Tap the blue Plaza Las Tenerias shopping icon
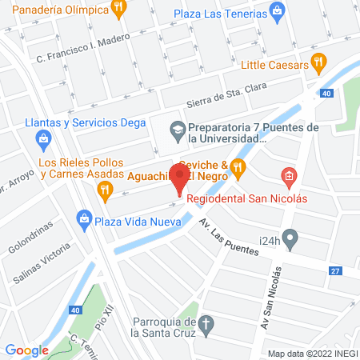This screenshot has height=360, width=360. click(x=277, y=10)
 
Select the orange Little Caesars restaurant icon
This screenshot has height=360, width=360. click(x=318, y=61)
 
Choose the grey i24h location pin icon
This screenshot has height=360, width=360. click(x=292, y=238)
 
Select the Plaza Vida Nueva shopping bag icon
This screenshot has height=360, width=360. click(x=83, y=218)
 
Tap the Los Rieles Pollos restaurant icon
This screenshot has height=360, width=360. click(x=104, y=189)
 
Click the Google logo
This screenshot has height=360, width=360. click(x=27, y=350)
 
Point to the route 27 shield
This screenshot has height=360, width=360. click(x=335, y=271)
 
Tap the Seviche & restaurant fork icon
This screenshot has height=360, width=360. click(x=238, y=166)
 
